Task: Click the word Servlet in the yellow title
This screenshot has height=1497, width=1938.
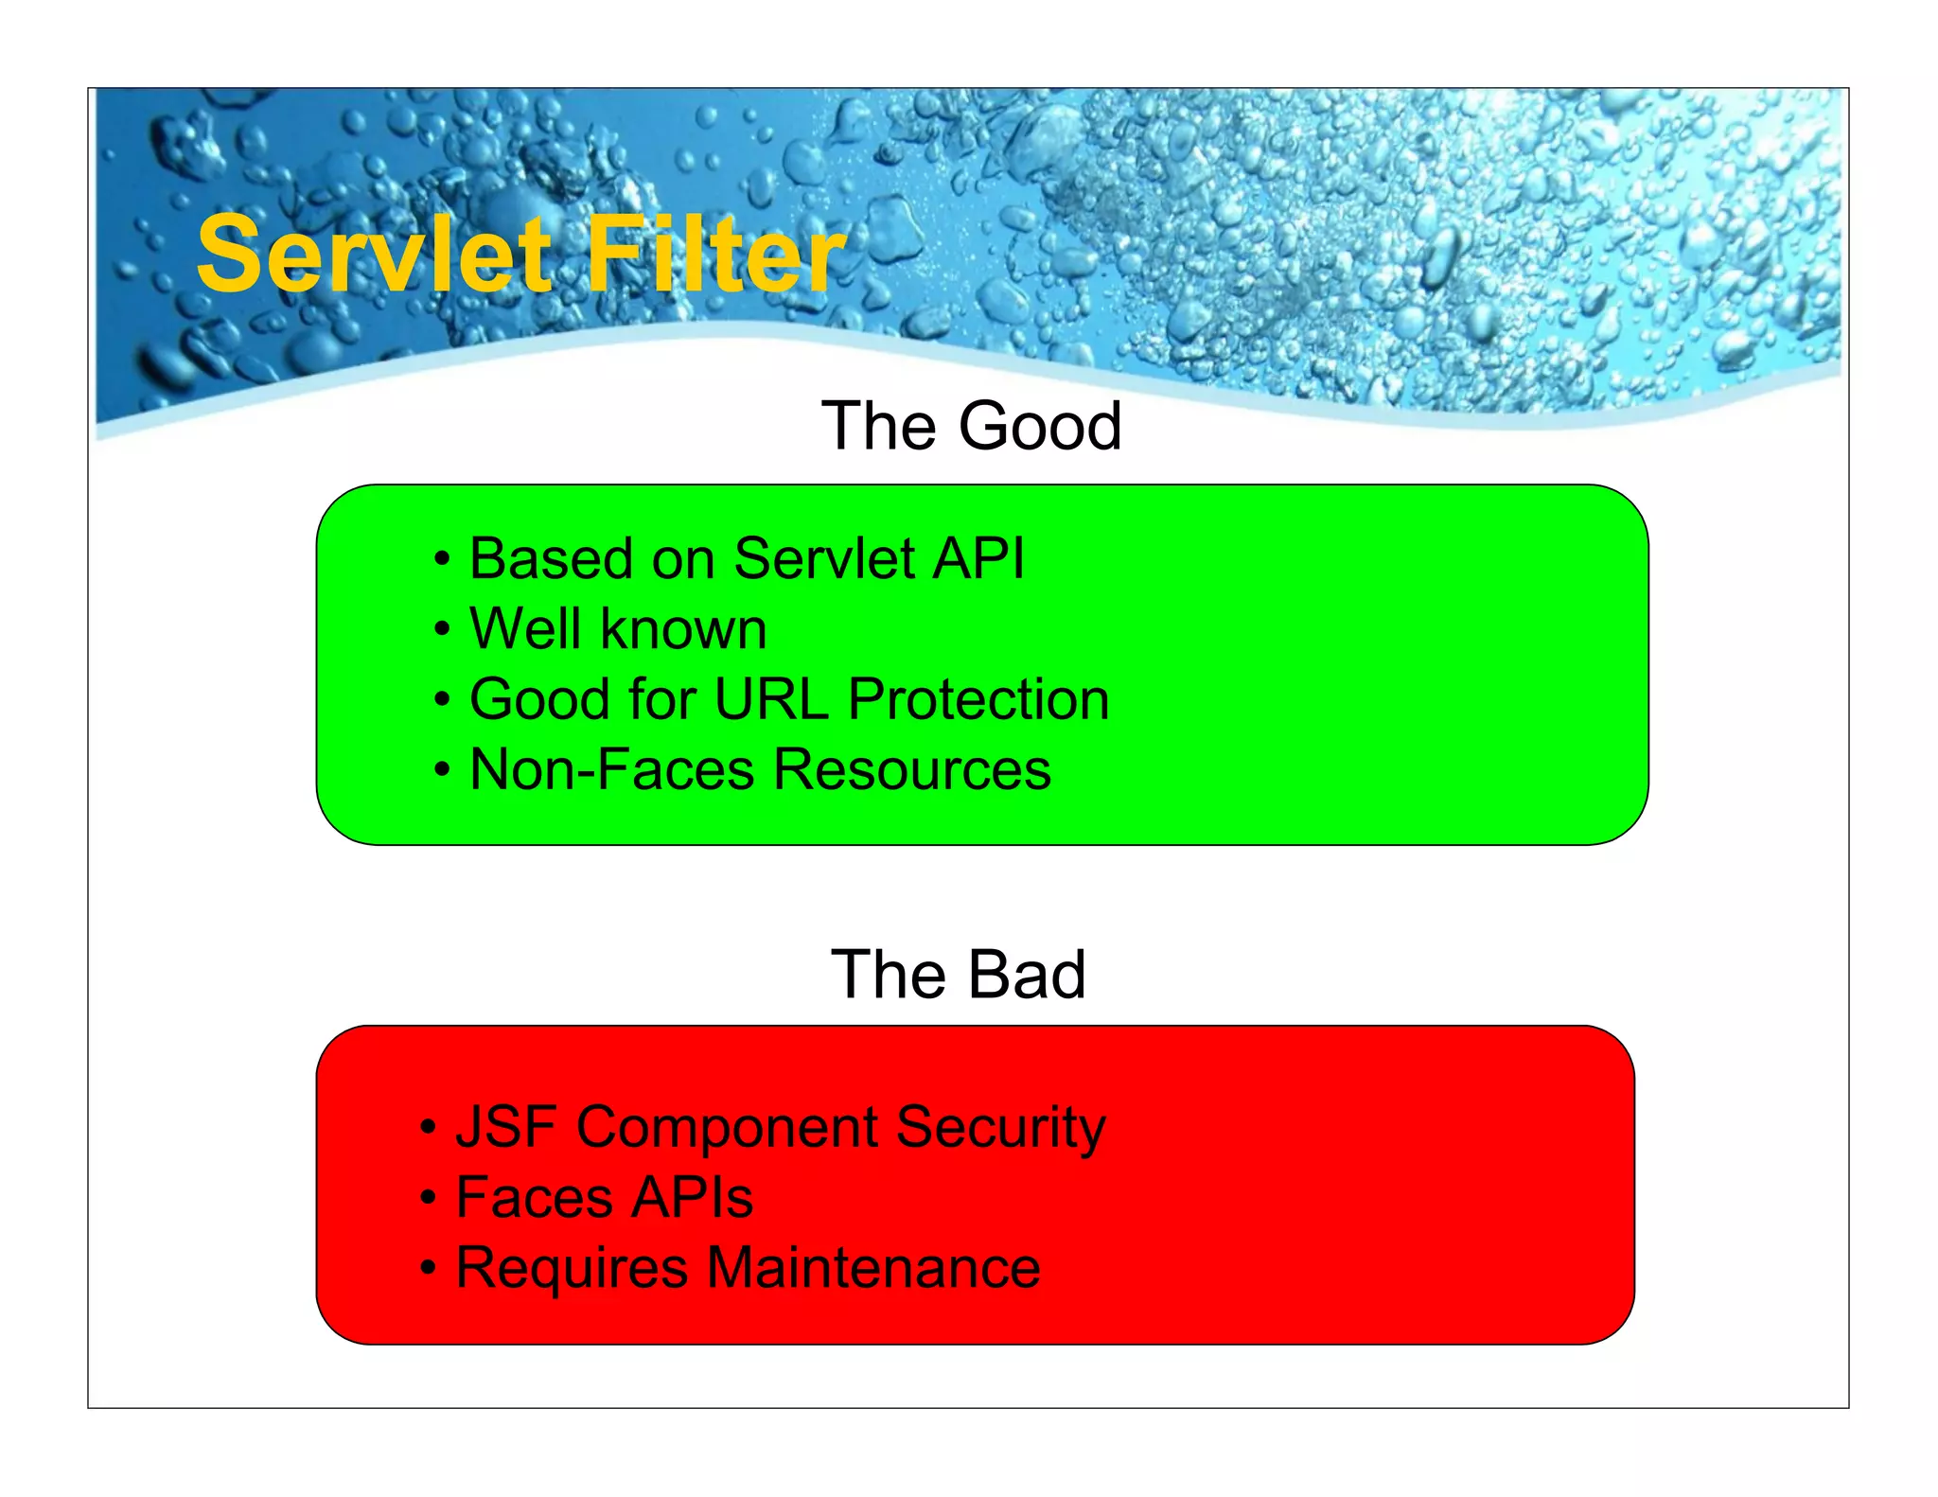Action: click(374, 254)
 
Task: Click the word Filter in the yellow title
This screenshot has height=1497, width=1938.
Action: click(715, 254)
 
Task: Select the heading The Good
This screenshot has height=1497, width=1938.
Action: click(971, 426)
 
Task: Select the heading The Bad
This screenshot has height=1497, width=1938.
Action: click(958, 975)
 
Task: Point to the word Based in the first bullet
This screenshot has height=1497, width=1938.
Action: click(551, 558)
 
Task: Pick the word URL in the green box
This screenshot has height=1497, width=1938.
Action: click(770, 699)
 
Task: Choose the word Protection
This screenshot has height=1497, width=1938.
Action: click(978, 699)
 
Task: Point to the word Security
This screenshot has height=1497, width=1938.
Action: click(1000, 1129)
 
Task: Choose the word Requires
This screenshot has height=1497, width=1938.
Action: click(572, 1269)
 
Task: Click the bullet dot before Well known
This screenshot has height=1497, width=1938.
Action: click(442, 630)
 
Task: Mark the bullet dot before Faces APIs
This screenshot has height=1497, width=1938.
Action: click(429, 1199)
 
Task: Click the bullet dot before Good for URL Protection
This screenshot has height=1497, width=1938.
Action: click(442, 701)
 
